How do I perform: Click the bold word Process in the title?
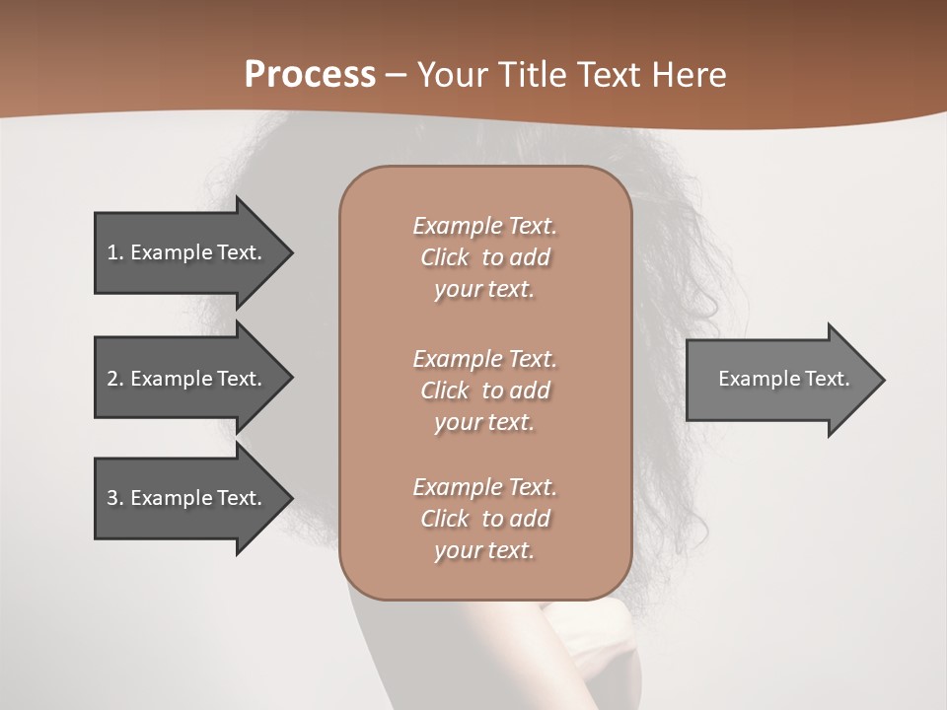coord(310,75)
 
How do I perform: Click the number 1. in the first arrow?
coord(115,252)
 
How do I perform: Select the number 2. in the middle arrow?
coord(115,379)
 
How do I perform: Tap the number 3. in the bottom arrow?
coord(115,498)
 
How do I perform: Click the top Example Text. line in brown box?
coord(484,226)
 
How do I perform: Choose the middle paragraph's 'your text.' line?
coord(484,422)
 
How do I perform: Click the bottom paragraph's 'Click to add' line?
coord(484,519)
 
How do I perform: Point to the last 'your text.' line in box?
coord(484,550)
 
